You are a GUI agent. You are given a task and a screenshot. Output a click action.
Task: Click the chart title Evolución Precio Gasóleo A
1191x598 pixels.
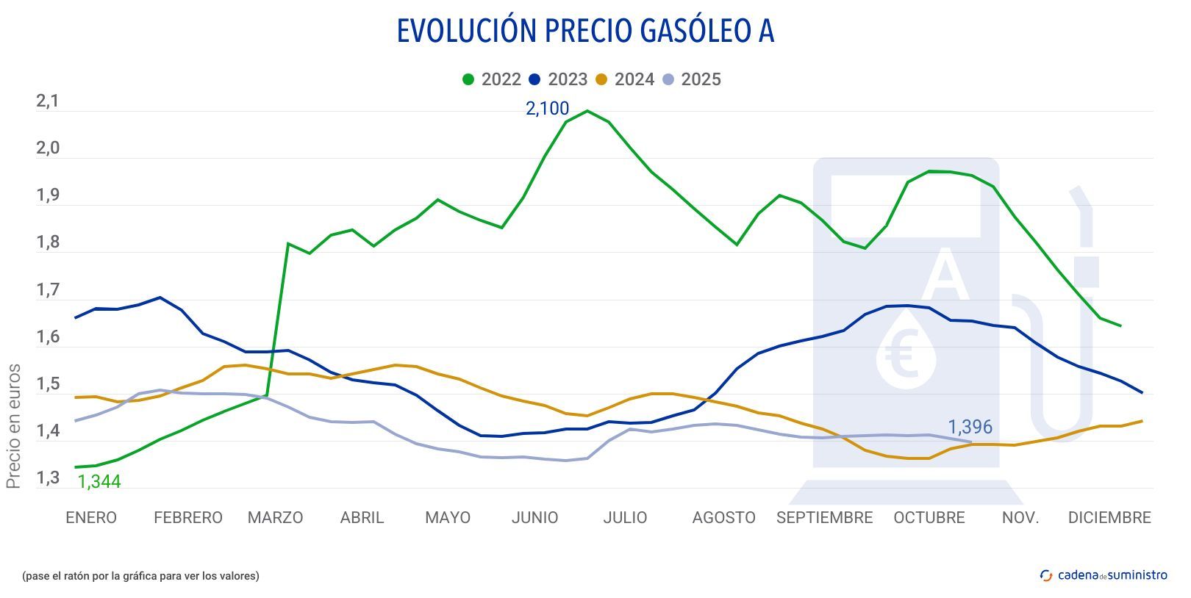[x=585, y=32]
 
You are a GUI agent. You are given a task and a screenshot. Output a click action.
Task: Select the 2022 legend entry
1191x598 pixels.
[x=492, y=79]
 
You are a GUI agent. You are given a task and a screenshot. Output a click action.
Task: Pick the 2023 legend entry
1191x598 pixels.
[x=558, y=79]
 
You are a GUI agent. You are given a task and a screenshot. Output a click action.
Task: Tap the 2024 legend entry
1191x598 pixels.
[x=625, y=79]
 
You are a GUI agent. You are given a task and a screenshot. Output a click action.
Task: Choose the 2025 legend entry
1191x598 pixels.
[x=691, y=79]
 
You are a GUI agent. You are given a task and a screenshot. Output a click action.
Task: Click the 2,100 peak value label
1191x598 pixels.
[x=547, y=109]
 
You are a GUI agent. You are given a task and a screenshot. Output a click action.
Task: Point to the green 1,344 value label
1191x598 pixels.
[x=99, y=482]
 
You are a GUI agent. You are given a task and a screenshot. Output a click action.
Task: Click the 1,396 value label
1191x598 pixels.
[x=970, y=427]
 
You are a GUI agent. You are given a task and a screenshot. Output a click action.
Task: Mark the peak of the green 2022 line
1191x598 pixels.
[x=587, y=111]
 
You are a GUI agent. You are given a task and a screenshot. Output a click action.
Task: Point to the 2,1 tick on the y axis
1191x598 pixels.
[x=48, y=101]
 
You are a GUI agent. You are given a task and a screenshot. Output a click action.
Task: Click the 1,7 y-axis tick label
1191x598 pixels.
[x=48, y=290]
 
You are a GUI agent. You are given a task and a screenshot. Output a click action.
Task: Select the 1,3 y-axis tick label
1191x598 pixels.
[x=48, y=478]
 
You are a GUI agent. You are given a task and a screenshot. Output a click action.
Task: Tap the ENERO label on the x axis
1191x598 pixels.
[x=91, y=517]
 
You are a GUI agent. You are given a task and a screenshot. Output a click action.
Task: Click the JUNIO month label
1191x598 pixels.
[x=534, y=517]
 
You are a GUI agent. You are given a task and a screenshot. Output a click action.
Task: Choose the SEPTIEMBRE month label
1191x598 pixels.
[x=824, y=517]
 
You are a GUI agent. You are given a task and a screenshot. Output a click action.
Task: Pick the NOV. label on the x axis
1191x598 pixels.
[x=1020, y=517]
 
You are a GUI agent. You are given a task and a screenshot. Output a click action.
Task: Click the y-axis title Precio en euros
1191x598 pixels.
[x=13, y=426]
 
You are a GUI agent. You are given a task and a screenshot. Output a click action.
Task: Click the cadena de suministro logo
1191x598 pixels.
[x=1104, y=575]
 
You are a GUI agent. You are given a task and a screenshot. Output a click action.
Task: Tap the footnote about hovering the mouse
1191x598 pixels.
[x=140, y=576]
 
